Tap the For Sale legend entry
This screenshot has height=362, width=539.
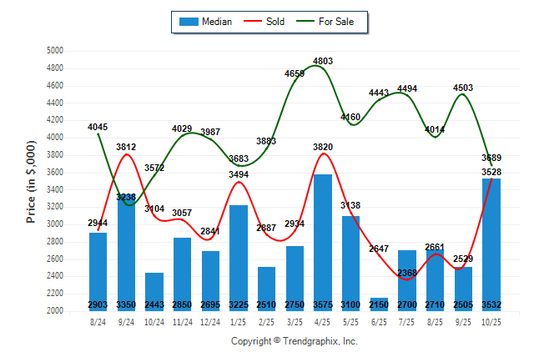point(330,22)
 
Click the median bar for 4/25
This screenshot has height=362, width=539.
point(323,242)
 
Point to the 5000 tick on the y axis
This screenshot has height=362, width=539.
point(55,51)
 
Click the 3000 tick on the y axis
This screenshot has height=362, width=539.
point(55,224)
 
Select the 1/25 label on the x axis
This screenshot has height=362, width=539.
point(239,321)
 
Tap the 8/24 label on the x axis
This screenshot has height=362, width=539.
point(98,321)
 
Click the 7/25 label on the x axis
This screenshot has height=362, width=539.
point(407,321)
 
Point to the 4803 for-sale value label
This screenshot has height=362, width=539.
point(323,61)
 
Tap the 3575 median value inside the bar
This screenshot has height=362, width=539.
point(323,304)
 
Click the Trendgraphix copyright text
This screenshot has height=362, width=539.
point(294,341)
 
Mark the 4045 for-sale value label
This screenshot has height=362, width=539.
point(98,127)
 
